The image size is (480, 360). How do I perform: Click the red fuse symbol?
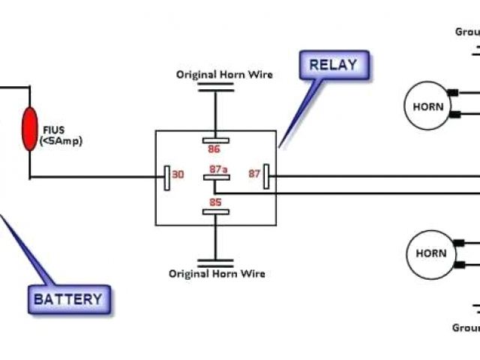coord(30,129)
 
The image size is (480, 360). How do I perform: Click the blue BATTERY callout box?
coord(67,299)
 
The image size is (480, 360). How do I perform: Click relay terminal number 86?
coord(214,148)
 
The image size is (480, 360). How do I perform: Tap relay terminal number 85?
coord(214,202)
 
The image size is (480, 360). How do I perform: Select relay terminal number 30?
coord(178,175)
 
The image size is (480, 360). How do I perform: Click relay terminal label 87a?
coord(217,169)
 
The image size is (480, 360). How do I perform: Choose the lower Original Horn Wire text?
coord(216,274)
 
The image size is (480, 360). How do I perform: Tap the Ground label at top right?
coord(467,31)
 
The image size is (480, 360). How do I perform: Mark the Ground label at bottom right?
coord(465,328)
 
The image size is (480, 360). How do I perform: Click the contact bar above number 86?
coord(214,139)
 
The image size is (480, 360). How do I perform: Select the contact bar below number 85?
coord(214,212)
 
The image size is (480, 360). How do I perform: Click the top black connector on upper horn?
coord(452,93)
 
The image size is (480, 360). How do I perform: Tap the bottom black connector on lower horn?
coord(458,265)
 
